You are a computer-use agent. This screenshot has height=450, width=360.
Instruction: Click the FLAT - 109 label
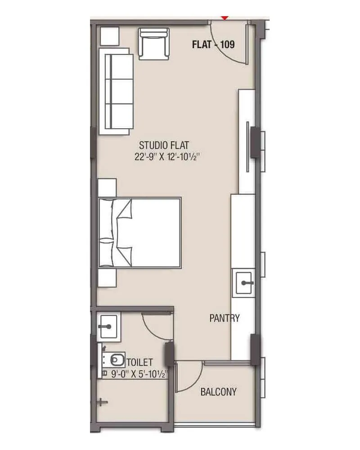pos(213,45)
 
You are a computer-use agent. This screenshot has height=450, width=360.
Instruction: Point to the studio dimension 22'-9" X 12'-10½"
pos(167,158)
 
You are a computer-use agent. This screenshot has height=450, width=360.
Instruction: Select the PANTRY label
pos(225,318)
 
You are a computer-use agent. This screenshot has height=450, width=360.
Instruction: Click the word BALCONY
pos(218,391)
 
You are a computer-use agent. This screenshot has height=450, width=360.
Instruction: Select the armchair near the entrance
pos(154,44)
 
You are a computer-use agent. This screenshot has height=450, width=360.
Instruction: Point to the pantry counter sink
pos(243,283)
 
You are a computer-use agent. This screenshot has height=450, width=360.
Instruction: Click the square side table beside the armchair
pos(109,36)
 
